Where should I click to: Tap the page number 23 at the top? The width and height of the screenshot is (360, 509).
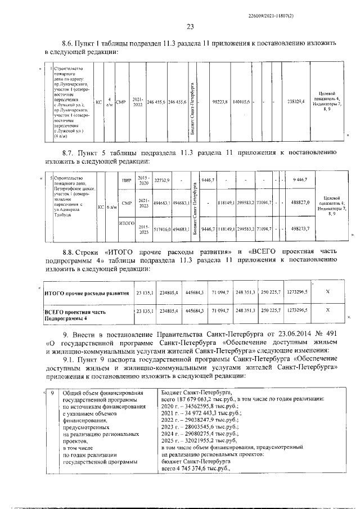pyautogui.click(x=190, y=26)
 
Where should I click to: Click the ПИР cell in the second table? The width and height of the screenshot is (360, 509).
pyautogui.click(x=127, y=181)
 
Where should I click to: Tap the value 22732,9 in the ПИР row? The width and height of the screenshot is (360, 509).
pyautogui.click(x=162, y=181)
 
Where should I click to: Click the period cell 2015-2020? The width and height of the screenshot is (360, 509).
pyautogui.click(x=144, y=181)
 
